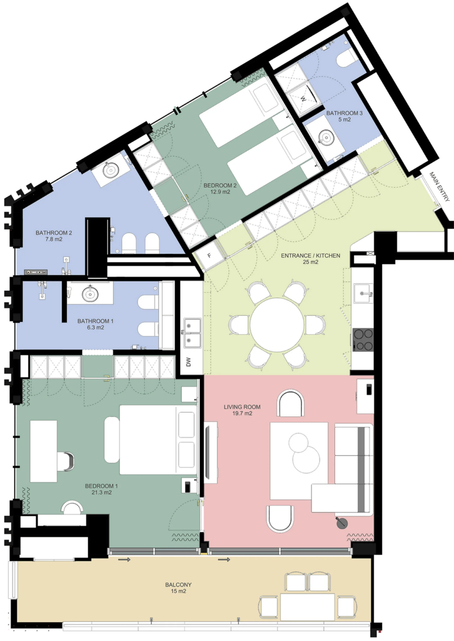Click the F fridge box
[x=209, y=255]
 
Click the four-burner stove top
[x=363, y=340]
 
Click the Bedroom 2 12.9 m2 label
[x=217, y=189]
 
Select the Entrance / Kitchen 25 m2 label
[x=310, y=259]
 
